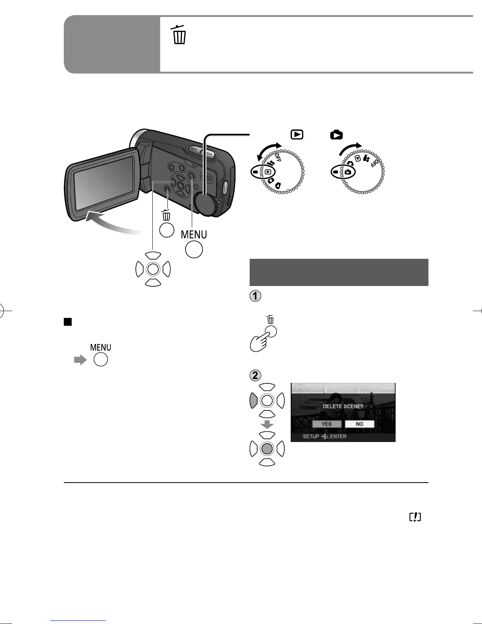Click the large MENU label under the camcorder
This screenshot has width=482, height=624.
194,234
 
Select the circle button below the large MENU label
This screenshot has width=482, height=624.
194,249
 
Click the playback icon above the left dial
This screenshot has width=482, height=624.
297,135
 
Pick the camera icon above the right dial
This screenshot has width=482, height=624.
336,135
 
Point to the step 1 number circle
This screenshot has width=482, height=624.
256,296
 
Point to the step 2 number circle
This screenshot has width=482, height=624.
256,375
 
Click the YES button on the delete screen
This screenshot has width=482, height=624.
326,424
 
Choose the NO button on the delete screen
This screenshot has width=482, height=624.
359,424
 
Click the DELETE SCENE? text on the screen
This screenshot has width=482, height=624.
342,406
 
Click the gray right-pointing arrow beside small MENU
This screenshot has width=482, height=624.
80,360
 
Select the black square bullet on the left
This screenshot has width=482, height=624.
68,322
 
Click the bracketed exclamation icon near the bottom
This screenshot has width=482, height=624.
415,517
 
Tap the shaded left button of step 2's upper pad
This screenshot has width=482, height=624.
254,401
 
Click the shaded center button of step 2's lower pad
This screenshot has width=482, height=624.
267,448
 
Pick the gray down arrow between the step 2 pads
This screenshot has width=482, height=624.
267,425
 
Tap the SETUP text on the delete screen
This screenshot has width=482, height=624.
311,436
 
